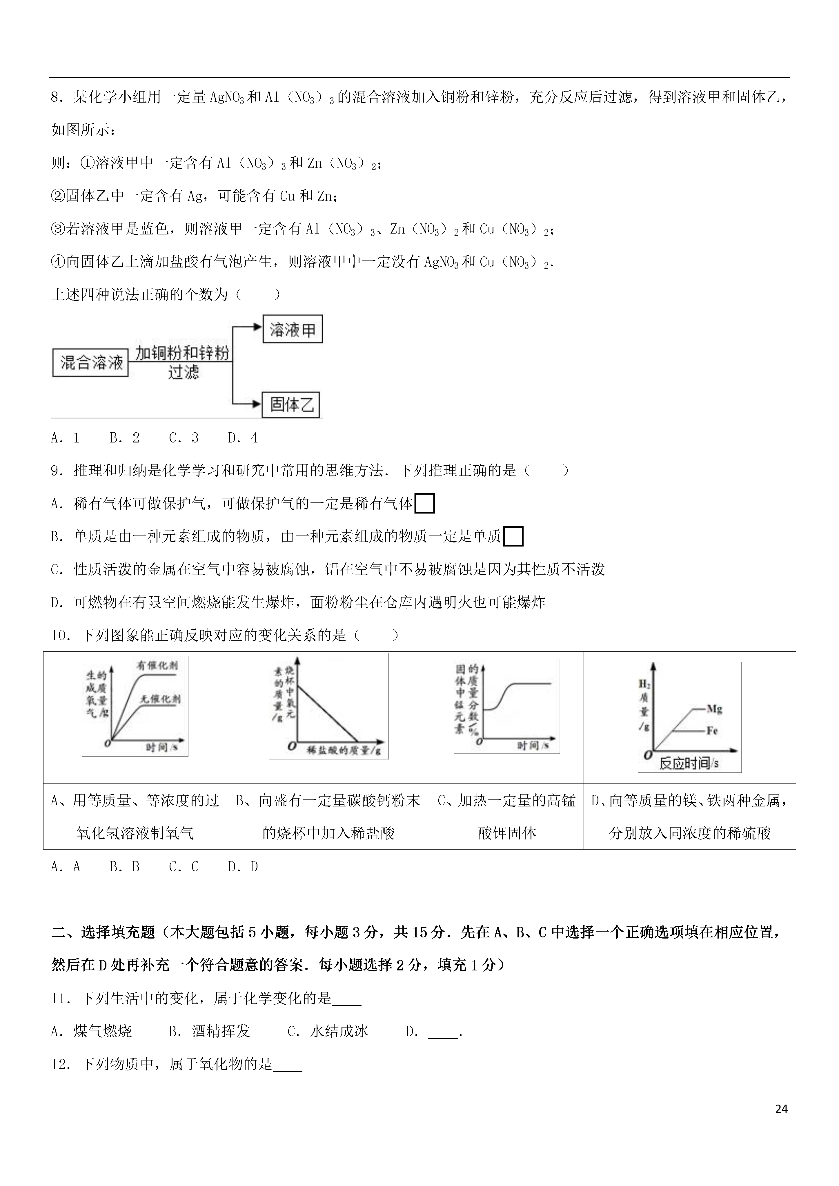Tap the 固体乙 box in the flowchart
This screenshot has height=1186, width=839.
click(292, 405)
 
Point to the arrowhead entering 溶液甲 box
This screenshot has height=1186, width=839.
click(257, 327)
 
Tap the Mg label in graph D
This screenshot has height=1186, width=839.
click(714, 709)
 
